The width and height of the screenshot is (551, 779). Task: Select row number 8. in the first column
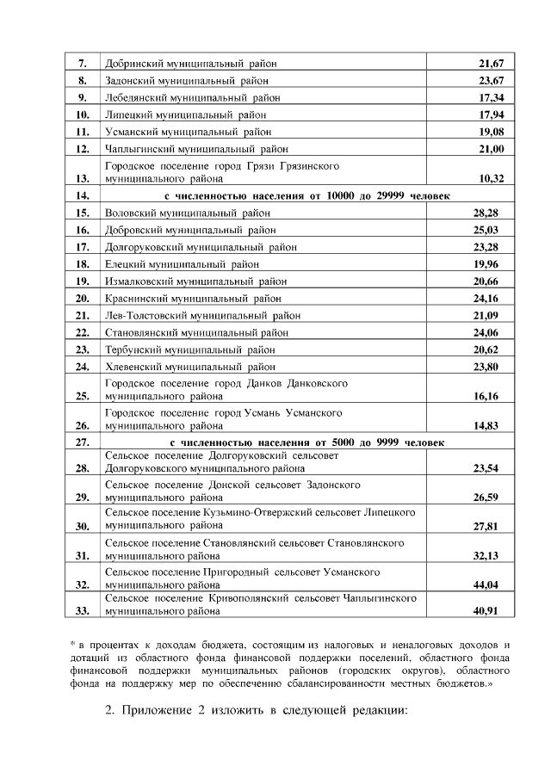pyautogui.click(x=84, y=81)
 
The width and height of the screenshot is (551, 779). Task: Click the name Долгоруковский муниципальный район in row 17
pyautogui.click(x=200, y=246)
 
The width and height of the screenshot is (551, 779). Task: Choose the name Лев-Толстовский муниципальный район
pyautogui.click(x=202, y=316)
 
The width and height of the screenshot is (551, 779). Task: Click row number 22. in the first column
pyautogui.click(x=84, y=332)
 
